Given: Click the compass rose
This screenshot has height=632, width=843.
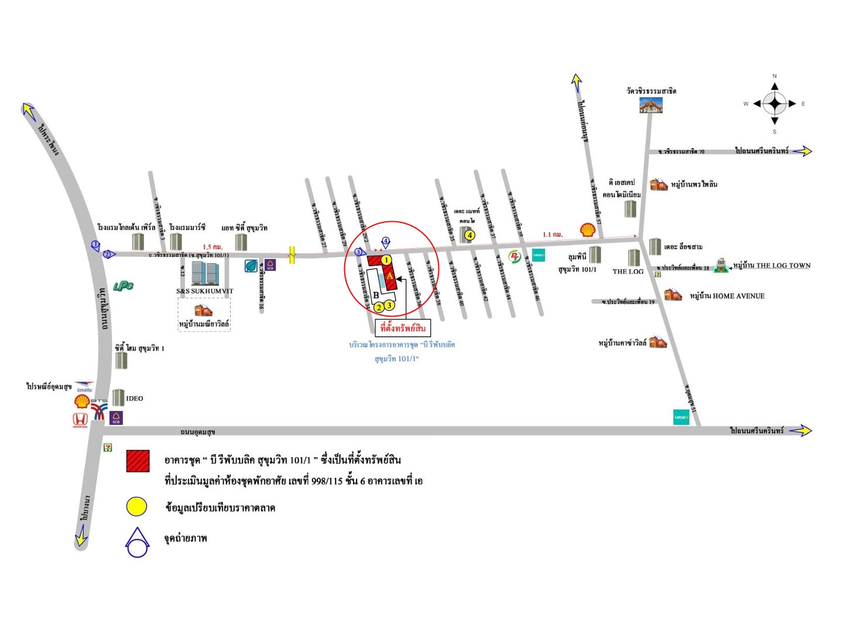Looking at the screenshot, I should (x=775, y=104).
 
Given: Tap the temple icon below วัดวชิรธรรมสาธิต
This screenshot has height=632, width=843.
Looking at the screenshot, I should (x=650, y=105).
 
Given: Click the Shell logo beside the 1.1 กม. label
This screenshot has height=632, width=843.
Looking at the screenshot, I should (x=588, y=229).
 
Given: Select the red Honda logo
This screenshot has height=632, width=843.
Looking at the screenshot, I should (x=80, y=419).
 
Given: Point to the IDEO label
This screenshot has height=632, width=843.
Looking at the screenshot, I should (x=135, y=399).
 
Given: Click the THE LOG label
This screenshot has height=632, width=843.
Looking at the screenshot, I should (x=628, y=272).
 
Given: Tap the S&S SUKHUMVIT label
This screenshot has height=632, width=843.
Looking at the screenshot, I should (x=205, y=291).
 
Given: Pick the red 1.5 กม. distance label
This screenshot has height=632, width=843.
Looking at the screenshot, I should (x=213, y=247).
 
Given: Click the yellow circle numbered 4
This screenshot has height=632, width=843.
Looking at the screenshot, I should (x=469, y=235).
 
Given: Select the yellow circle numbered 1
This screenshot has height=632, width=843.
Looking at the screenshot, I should (x=386, y=260).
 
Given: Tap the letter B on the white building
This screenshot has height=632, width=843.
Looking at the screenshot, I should (x=376, y=295).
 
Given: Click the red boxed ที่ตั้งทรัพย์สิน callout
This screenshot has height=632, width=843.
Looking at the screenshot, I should (x=403, y=328).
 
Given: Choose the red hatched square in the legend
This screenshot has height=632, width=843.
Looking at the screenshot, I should (x=138, y=461).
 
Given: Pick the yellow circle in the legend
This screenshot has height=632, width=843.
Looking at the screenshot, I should (x=137, y=507).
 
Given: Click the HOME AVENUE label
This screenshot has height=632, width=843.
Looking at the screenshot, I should (x=738, y=296).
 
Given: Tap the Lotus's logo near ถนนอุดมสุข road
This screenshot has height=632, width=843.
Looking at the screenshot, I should (x=681, y=417).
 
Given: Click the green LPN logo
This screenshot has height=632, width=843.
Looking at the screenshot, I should (x=123, y=286).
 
